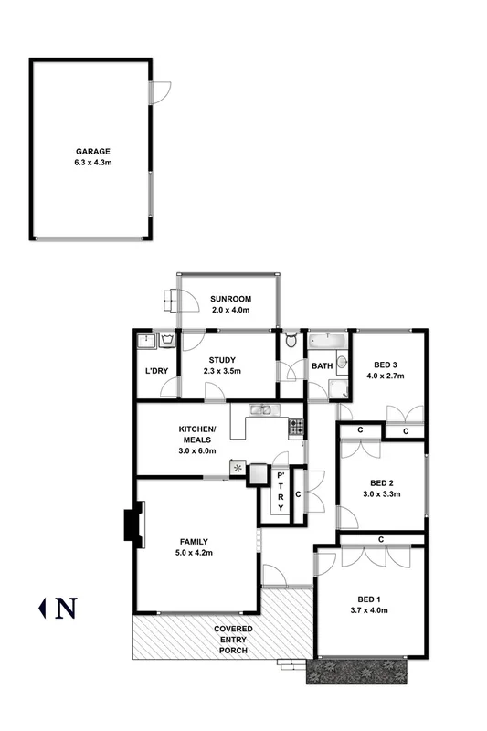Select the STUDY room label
(x=222, y=360)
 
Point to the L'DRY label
(x=157, y=371)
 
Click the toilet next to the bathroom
(x=291, y=342)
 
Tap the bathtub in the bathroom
(x=324, y=341)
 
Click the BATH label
(x=322, y=366)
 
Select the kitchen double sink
(x=260, y=409)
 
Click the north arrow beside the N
(x=41, y=607)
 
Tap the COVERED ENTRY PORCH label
(x=233, y=641)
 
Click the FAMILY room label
(x=193, y=540)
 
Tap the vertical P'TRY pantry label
(x=281, y=492)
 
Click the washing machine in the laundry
(x=168, y=341)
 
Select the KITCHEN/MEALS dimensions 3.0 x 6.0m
(x=197, y=450)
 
